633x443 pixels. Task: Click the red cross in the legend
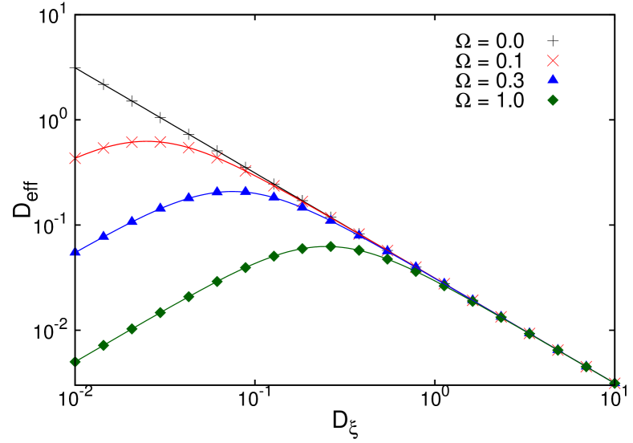click(553, 60)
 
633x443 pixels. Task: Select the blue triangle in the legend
click(553, 79)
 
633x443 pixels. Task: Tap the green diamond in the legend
click(553, 100)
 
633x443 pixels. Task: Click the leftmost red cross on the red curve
click(75, 158)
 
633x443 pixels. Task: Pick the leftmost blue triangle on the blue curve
click(75, 252)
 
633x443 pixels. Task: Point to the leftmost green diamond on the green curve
click(75, 362)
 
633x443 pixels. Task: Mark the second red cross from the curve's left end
click(103, 148)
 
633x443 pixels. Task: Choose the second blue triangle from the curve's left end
click(103, 235)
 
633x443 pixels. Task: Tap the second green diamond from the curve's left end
click(103, 345)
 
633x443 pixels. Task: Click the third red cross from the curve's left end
click(132, 142)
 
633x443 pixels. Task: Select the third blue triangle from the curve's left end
click(132, 220)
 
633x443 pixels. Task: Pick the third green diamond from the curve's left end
click(132, 328)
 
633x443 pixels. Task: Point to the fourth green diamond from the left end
click(160, 312)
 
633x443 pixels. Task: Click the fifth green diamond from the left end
click(189, 296)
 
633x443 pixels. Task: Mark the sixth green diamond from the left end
click(217, 282)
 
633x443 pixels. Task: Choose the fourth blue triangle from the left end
click(160, 207)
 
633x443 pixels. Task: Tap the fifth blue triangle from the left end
click(189, 197)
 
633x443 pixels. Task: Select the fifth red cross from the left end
click(189, 147)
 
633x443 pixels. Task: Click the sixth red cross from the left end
click(217, 157)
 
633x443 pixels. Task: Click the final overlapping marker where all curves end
click(615, 383)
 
